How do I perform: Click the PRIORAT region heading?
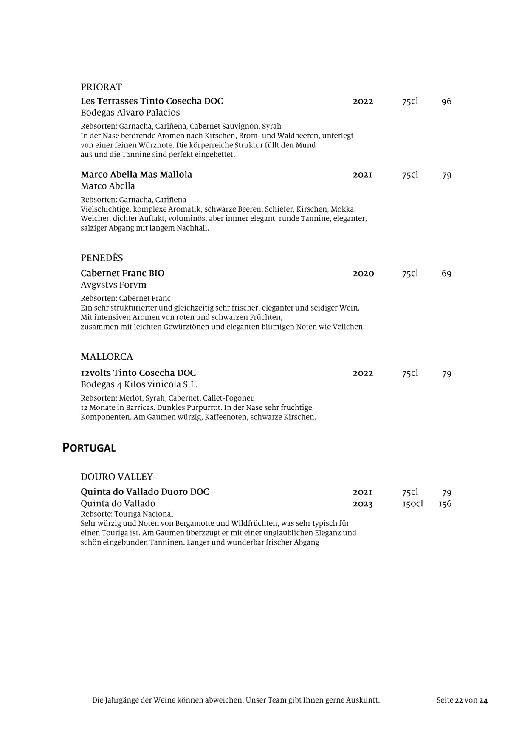101,87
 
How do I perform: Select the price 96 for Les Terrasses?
446,102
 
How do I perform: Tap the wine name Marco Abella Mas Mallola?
136,175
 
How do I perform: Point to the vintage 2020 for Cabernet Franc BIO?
363,274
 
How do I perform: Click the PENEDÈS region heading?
102,258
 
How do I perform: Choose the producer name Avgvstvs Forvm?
113,285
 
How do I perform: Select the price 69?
446,274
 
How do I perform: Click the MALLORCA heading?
107,357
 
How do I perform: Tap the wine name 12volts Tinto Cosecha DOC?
138,373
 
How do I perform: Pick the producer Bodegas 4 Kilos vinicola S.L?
139,384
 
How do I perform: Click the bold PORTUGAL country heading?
89,448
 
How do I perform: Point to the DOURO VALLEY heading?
117,477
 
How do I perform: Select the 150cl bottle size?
412,504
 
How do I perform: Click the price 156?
445,504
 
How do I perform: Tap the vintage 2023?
363,504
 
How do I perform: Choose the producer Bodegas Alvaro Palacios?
130,113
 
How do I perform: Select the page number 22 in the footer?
458,700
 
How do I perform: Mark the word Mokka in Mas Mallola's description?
342,209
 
